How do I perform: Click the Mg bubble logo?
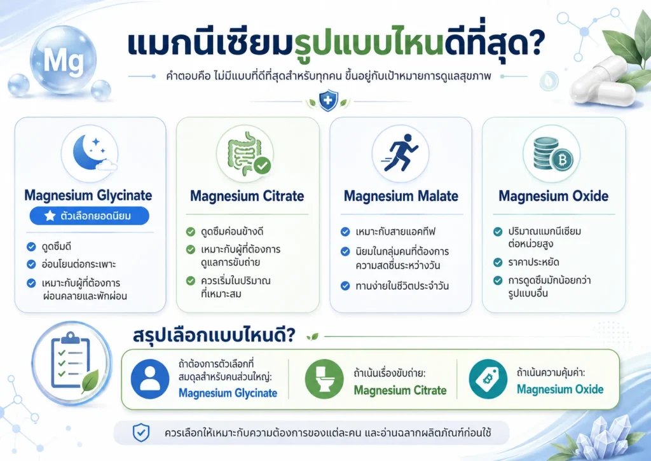click(x=63, y=60)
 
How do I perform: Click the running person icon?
click(x=401, y=153)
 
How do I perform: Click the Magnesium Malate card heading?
click(x=401, y=196)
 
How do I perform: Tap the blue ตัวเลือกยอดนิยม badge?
click(x=89, y=216)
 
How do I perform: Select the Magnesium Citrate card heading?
click(x=247, y=196)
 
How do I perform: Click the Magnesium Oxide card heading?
click(x=554, y=196)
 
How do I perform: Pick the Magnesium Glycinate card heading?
click(x=88, y=195)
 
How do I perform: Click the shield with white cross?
click(x=327, y=100)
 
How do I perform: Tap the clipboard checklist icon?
click(x=71, y=362)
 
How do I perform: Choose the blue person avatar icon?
click(x=150, y=379)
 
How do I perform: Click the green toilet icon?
click(x=324, y=379)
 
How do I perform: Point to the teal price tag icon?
click(x=488, y=379)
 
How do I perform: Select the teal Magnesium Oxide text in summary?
click(x=560, y=389)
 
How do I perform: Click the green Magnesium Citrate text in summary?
click(x=401, y=390)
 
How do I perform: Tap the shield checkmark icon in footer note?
click(x=141, y=433)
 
